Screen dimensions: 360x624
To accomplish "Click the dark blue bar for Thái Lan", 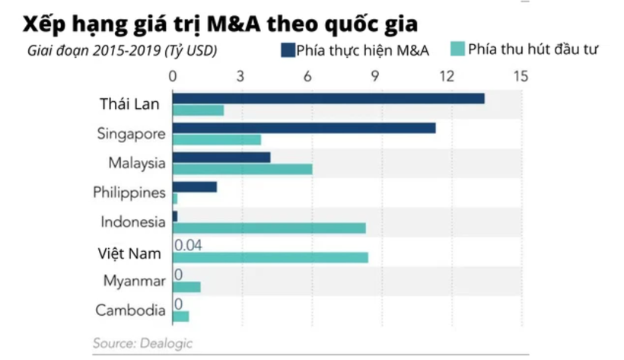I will click(328, 98).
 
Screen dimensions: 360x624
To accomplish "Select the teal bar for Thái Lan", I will click(198, 110).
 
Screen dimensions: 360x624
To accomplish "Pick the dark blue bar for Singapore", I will click(304, 128).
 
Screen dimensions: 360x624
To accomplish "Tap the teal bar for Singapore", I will click(216, 140).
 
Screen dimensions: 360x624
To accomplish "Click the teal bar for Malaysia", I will click(242, 169).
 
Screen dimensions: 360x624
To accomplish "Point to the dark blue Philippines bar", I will click(194, 186).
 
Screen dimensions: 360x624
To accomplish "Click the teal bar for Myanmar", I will click(186, 287).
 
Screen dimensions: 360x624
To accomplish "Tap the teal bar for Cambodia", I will click(180, 316).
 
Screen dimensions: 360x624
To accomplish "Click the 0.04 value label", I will click(188, 245).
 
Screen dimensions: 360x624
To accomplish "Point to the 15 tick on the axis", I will click(521, 76).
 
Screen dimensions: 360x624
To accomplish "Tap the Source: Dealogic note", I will click(142, 343).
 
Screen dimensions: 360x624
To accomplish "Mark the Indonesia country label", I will click(132, 222).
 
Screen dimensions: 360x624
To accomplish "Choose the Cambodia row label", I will click(130, 311).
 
